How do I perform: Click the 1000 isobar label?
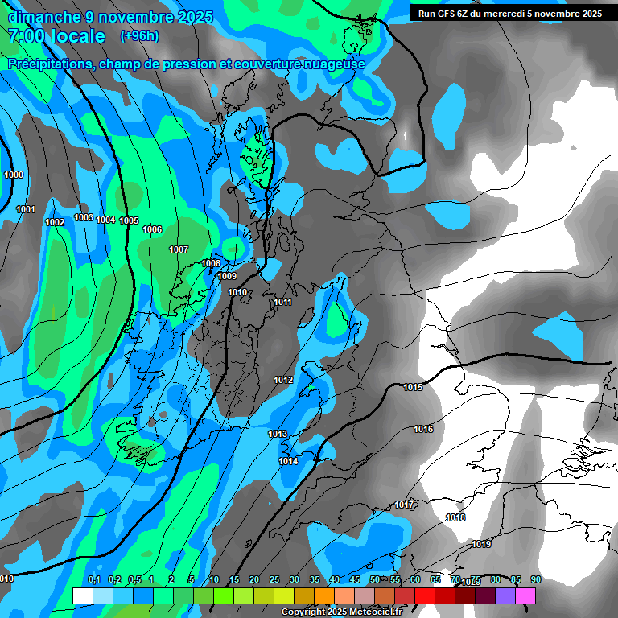pos(14,175)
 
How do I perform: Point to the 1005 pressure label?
pos(129,220)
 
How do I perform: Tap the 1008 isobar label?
pos(211,263)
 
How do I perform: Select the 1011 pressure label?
pos(282,303)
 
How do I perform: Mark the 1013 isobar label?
pos(278,434)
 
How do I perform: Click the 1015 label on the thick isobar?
pos(413,388)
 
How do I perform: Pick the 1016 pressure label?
pos(423,429)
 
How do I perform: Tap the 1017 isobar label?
pos(404,505)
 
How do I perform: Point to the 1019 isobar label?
pos(481,544)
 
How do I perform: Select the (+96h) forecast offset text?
pos(139,36)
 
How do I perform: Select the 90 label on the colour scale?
pos(536,579)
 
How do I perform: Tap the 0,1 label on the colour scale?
pos(93,579)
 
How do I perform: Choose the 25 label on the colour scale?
pos(274,579)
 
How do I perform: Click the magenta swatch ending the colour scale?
pos(525,595)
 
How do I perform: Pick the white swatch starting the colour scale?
pos(82,595)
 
